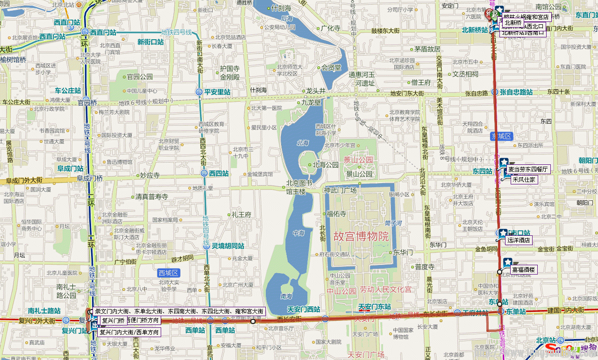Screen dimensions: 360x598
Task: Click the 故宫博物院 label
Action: point(361,236)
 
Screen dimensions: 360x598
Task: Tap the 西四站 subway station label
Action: point(218,173)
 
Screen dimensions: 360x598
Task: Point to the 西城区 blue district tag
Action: point(169,273)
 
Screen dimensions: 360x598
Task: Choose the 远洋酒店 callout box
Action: point(519,240)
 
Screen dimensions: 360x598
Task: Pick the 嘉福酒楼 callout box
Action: point(524,269)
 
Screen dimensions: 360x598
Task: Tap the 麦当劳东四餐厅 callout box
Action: point(528,169)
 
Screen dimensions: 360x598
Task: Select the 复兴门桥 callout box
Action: point(113,321)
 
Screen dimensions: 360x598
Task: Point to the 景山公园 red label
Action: point(358,160)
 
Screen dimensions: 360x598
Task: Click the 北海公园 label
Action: point(326,165)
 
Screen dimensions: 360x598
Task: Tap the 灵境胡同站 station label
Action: point(228,246)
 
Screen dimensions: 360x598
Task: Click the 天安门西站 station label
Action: point(303,309)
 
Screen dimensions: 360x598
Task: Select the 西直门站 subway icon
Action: point(85,32)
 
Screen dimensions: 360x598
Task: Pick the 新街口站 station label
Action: point(150,42)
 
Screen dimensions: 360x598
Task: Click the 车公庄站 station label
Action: point(68,91)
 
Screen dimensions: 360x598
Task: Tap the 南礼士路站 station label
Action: point(44,311)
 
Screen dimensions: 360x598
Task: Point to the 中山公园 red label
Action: point(341,291)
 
